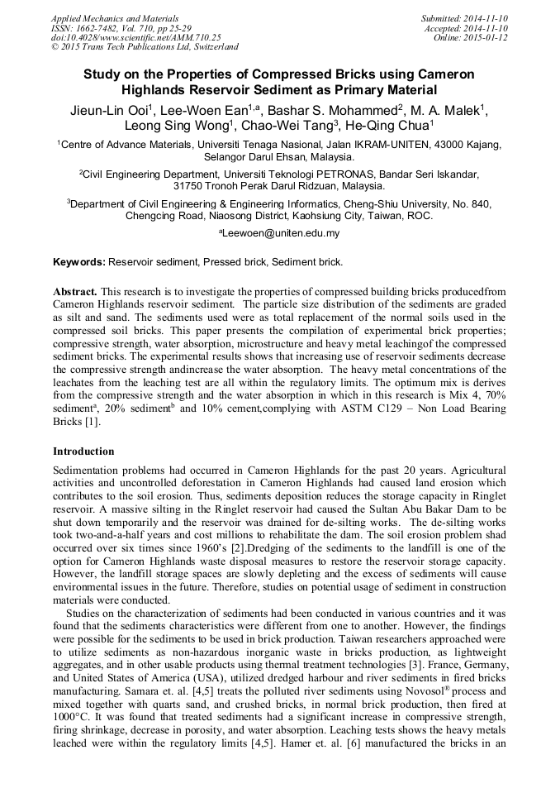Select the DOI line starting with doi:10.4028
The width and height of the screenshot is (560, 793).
[135, 37]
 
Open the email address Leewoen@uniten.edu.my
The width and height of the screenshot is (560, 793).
[281, 234]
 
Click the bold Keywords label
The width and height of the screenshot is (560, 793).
[79, 262]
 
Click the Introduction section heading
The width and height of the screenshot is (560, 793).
[83, 451]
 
